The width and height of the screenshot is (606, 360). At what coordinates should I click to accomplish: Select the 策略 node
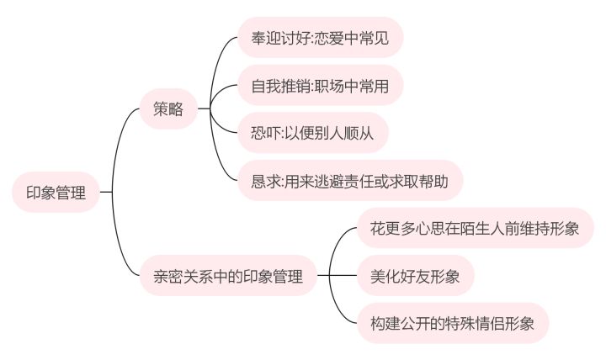pyautogui.click(x=168, y=109)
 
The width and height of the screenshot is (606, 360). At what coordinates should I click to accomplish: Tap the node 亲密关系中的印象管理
pyautogui.click(x=229, y=275)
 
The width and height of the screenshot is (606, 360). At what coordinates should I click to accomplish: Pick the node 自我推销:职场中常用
pyautogui.click(x=320, y=85)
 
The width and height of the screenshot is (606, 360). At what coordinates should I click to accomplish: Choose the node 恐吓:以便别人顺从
pyautogui.click(x=313, y=133)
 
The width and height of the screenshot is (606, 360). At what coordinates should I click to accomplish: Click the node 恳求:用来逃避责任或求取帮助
pyautogui.click(x=350, y=181)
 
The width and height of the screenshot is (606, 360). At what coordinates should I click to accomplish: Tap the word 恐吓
pyautogui.click(x=264, y=133)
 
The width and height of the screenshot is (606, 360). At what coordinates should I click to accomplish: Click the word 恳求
pyautogui.click(x=264, y=181)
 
